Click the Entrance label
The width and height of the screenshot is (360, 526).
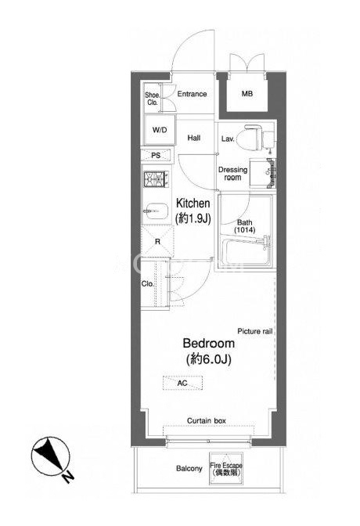click(x=192, y=94)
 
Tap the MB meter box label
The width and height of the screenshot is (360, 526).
click(x=247, y=94)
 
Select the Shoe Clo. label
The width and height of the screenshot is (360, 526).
click(x=153, y=99)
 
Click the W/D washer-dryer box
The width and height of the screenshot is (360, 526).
click(x=160, y=130)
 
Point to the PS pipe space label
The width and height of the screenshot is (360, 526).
click(x=156, y=155)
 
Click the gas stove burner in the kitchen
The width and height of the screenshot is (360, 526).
click(x=157, y=178)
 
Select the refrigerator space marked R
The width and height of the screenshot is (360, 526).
click(x=157, y=241)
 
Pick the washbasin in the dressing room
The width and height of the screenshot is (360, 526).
click(x=264, y=174)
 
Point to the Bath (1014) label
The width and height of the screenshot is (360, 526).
click(x=245, y=226)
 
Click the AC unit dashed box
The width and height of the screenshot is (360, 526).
click(x=183, y=383)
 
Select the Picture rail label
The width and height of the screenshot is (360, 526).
click(x=255, y=331)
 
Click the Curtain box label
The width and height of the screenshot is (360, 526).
click(x=207, y=420)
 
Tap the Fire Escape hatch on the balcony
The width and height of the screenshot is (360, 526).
click(x=226, y=468)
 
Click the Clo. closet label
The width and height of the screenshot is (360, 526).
click(x=148, y=284)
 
